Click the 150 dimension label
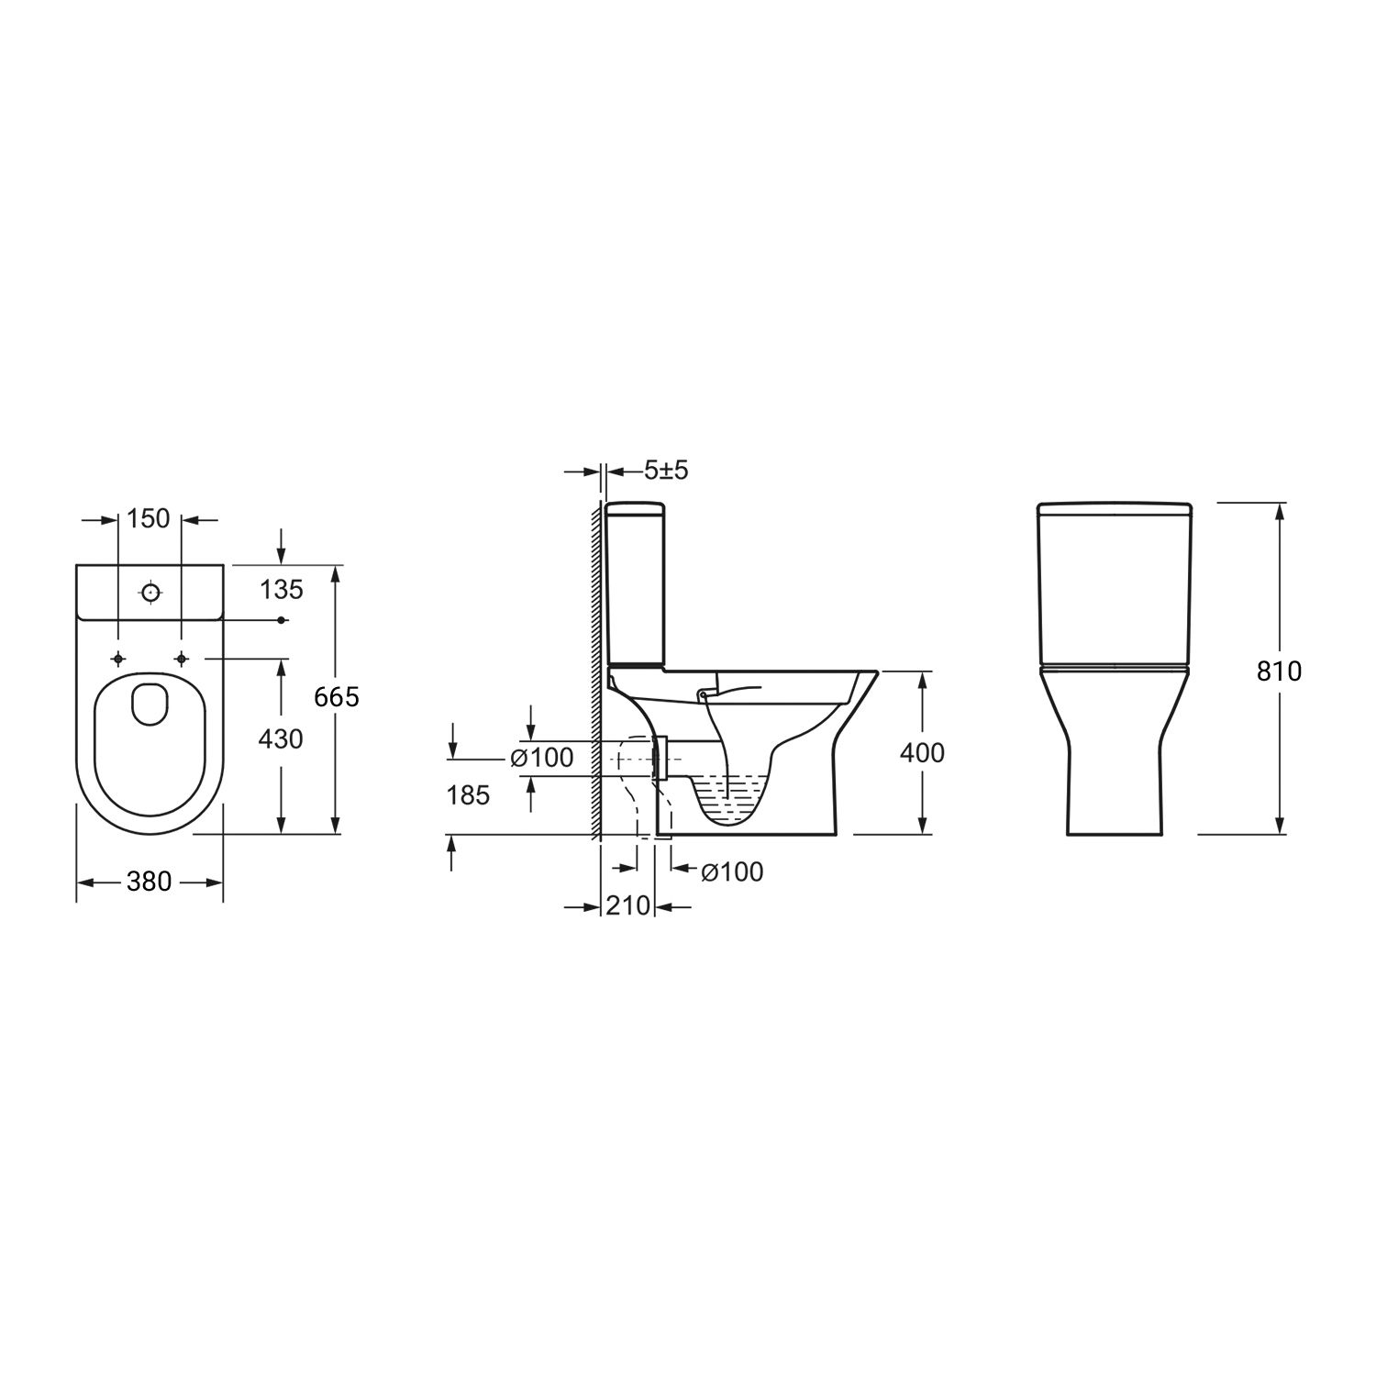[x=150, y=518]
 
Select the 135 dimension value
[x=281, y=589]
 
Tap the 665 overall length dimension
[x=337, y=697]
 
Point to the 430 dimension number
[x=281, y=738]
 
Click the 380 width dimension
[x=149, y=882]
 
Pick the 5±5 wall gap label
[x=666, y=471]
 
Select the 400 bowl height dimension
[x=922, y=752]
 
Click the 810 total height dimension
[x=1279, y=671]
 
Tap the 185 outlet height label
[x=469, y=795]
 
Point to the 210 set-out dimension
[x=628, y=905]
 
